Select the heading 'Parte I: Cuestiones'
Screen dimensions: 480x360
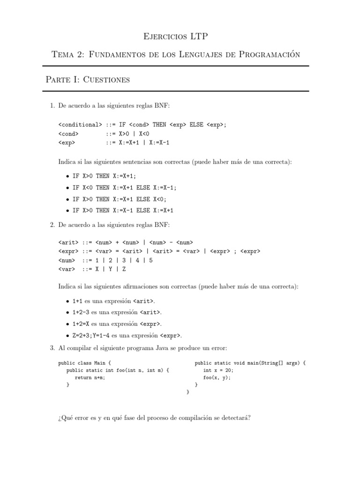click(88, 79)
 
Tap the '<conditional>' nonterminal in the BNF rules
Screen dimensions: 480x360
click(80, 125)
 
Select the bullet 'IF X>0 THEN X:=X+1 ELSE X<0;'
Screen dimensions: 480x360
click(120, 199)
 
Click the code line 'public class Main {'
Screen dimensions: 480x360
click(84, 363)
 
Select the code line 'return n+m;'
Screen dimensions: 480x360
click(90, 377)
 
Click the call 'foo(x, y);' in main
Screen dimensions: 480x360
click(217, 377)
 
